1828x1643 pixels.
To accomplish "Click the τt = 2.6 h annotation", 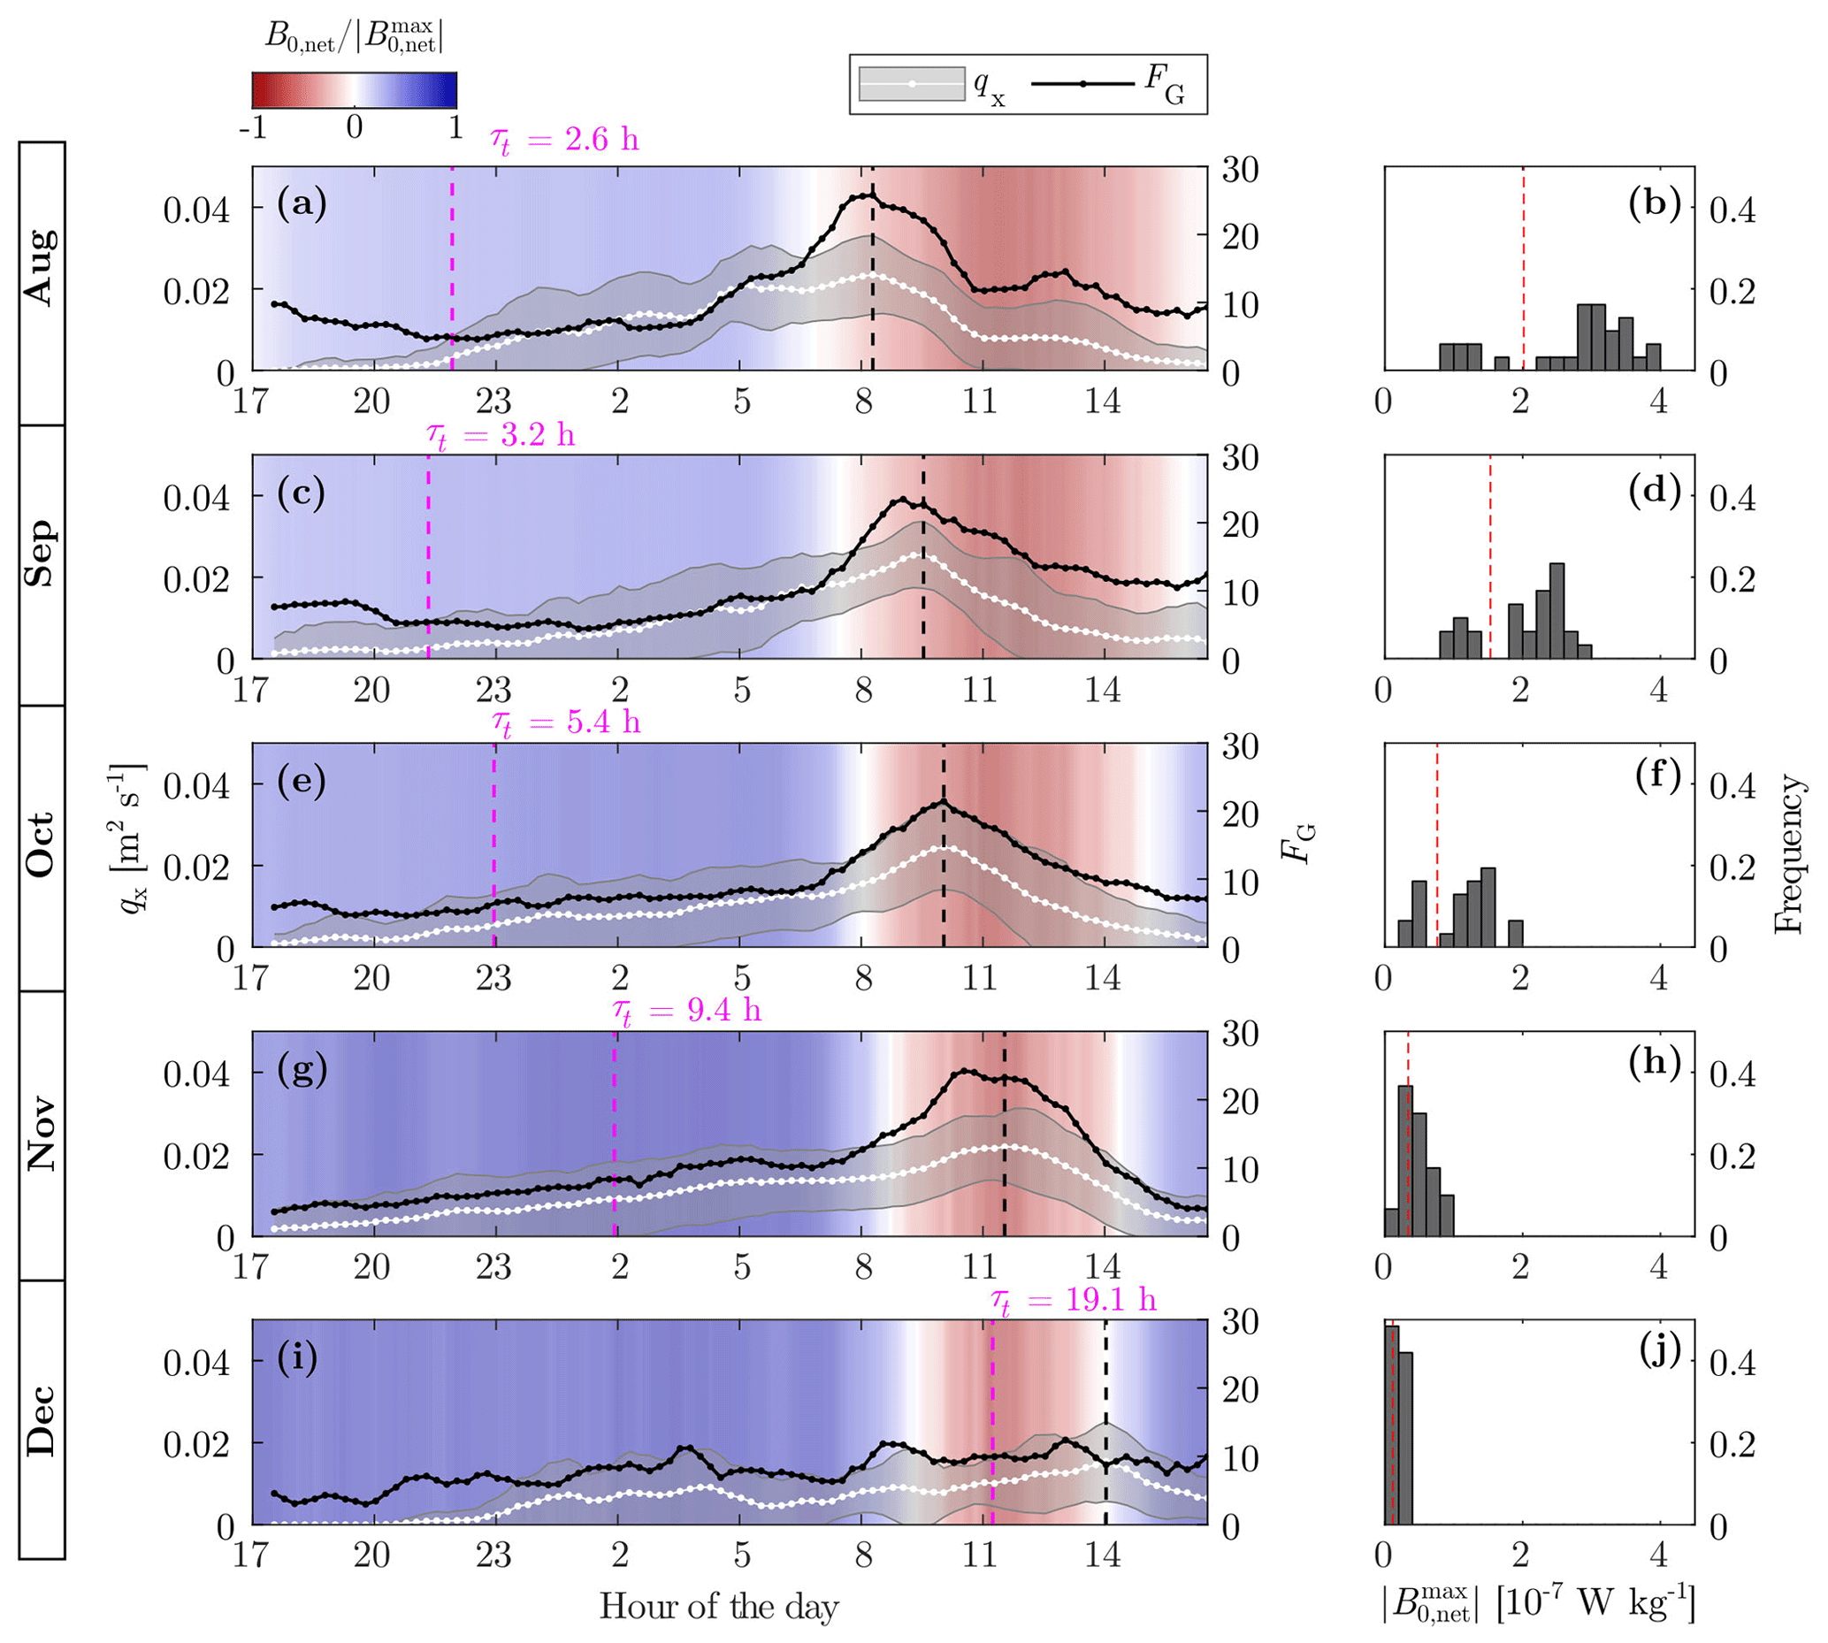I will (564, 140).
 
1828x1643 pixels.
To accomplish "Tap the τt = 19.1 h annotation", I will (1074, 1301).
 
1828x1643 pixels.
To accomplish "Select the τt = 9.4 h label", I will (687, 1011).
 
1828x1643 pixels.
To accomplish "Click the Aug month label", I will (42, 267).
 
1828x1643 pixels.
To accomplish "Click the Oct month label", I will (42, 845).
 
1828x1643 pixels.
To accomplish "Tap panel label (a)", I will (302, 203).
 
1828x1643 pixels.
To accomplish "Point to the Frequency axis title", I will (1789, 853).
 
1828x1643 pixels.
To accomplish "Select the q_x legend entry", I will (929, 85).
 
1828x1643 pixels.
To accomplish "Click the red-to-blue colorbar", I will (354, 90).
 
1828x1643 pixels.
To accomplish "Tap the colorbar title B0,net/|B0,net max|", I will (354, 36).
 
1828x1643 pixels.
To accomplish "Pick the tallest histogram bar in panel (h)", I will (1404, 1160).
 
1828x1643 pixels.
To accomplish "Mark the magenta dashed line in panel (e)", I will (493, 845).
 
